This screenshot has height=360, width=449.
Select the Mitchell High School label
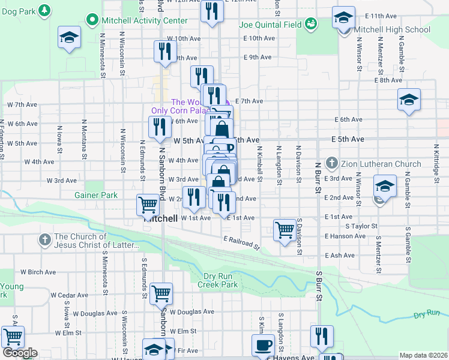point(392,29)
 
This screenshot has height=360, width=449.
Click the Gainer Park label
point(96,195)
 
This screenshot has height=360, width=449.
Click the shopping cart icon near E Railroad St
point(285,229)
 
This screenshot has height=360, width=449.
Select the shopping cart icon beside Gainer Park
point(148,205)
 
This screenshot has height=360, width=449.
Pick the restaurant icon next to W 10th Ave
point(164,51)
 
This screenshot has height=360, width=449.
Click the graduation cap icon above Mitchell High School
point(344,16)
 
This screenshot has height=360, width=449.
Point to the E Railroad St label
point(242,243)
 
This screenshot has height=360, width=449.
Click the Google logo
point(20,353)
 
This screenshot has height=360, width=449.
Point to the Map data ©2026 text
point(423,355)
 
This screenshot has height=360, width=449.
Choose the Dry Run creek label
point(427,314)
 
